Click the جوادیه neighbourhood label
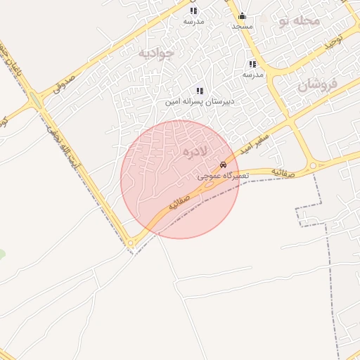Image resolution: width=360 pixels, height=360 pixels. coord(156,53)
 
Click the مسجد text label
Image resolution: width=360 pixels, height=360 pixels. coord(242,26)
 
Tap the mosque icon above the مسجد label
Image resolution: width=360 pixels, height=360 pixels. coord(242,16)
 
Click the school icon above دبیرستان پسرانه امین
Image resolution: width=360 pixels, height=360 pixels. coord(200,91)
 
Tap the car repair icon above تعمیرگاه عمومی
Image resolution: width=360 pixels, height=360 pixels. coord(223,165)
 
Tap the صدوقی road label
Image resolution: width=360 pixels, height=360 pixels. coord(64,84)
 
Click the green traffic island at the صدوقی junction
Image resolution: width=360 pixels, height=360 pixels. coord(36,100)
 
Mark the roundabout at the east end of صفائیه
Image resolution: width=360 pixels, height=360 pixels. coord(313,166)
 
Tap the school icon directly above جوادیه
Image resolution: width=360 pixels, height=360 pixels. coord(193,11)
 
